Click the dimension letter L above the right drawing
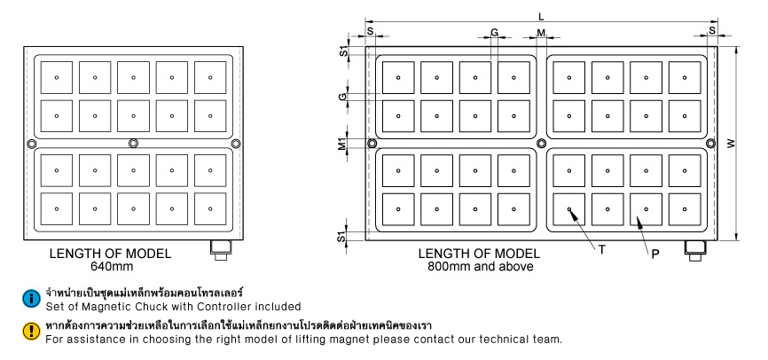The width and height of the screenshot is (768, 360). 541,15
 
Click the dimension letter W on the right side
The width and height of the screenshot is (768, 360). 730,144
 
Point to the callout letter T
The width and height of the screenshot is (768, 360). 601,250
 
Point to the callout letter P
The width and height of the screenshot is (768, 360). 654,254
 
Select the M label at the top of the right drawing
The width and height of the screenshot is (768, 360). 542,33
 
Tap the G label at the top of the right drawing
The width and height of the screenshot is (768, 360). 494,33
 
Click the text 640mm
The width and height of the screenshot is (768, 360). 110,265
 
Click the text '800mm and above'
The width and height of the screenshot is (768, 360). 480,265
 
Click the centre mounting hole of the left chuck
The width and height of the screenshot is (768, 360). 133,144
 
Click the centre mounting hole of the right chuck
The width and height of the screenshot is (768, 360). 541,144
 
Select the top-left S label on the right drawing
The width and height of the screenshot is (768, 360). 370,33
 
